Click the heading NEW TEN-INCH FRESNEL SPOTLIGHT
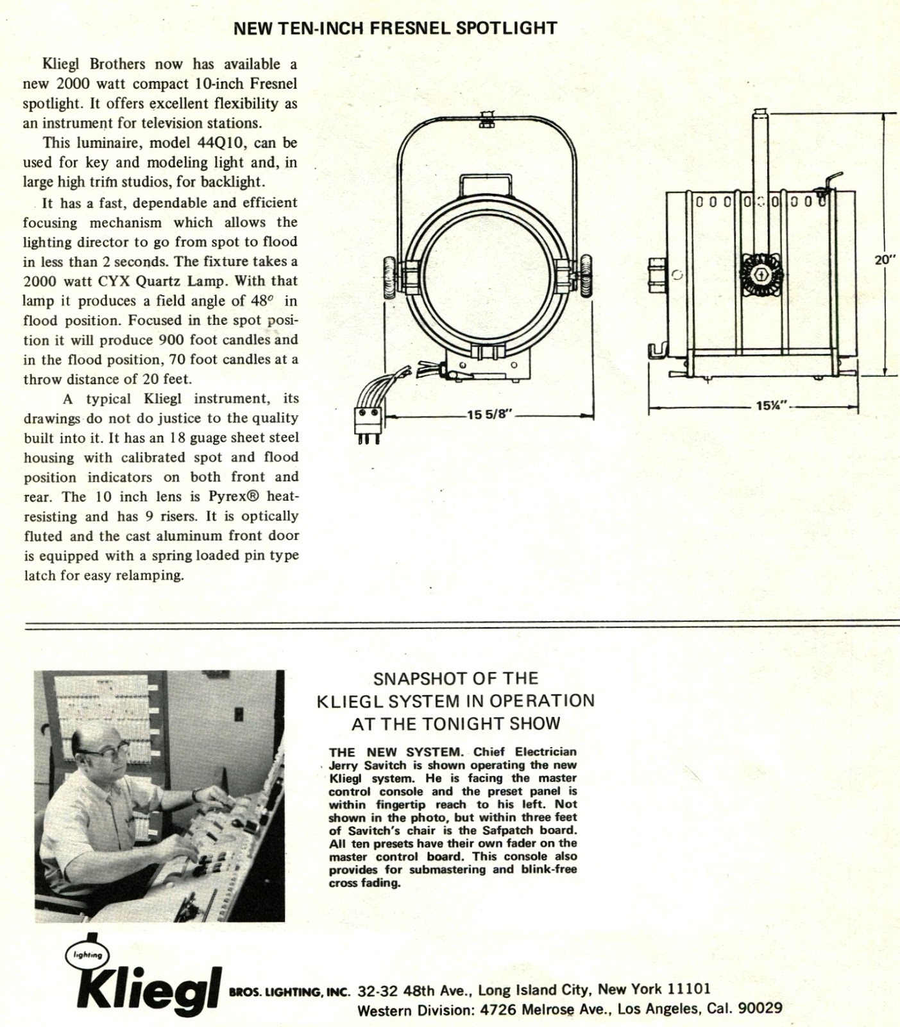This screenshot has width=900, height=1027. [x=395, y=28]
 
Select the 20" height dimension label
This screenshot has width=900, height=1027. [x=885, y=260]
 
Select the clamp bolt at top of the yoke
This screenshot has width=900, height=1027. [x=486, y=119]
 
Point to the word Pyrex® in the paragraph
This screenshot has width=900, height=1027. [x=237, y=497]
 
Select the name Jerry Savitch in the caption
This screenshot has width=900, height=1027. [x=363, y=765]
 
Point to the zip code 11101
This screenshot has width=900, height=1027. [x=690, y=989]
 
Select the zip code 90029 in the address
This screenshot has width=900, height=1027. [x=760, y=1009]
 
